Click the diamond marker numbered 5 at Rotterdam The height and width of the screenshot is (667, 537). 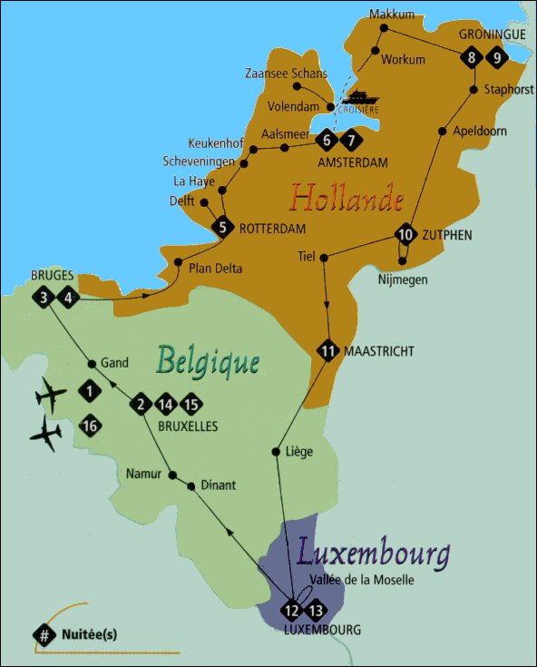222,228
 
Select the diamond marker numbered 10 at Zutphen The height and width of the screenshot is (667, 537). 406,235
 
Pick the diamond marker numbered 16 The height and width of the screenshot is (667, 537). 89,426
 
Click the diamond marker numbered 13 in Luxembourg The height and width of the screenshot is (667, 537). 317,609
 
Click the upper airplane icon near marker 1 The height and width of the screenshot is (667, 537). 51,396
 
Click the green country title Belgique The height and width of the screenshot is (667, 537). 208,361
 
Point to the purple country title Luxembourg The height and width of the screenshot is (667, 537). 373,551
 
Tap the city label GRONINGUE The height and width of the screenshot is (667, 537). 493,34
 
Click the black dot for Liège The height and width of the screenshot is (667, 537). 276,451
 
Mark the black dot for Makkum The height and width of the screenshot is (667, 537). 384,28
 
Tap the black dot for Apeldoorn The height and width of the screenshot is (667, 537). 442,132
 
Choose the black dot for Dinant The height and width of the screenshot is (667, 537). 190,486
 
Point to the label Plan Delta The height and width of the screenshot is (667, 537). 217,268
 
